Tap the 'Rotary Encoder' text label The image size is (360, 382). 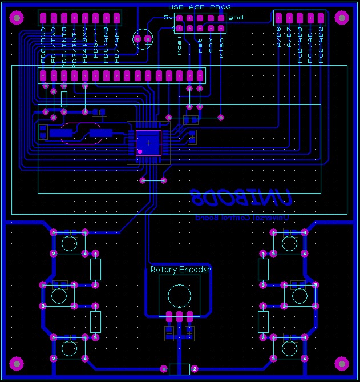[x=180, y=269]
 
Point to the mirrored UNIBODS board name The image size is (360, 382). [x=242, y=198]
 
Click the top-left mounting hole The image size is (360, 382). [x=17, y=18]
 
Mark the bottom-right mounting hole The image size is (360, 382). [x=341, y=363]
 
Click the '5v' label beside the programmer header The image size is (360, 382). [x=168, y=17]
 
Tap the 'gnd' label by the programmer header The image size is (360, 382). [x=236, y=17]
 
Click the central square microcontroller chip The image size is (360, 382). [x=148, y=142]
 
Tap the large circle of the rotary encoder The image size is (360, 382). [x=179, y=295]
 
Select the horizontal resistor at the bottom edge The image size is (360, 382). [x=180, y=369]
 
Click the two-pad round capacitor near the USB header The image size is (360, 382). [x=143, y=39]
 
